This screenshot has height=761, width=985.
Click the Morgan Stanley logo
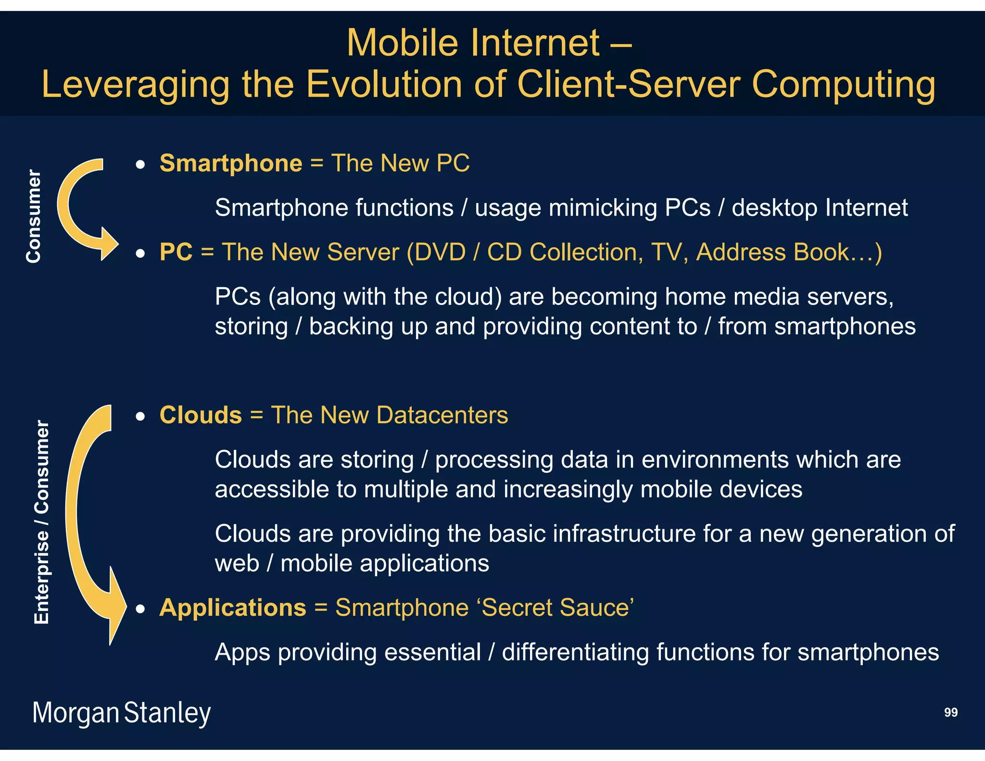pos(121,713)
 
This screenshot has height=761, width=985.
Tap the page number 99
pos(950,712)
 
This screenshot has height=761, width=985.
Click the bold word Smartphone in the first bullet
pos(231,164)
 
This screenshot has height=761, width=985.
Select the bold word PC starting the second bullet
pos(176,252)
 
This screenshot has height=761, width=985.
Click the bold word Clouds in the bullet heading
pos(201,415)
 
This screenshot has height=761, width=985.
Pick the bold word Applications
pos(233,608)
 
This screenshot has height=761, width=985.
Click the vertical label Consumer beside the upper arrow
pos(34,216)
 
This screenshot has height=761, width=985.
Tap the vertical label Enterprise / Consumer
pos(42,522)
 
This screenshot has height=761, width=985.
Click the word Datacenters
pos(442,415)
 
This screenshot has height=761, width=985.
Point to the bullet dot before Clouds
pos(140,417)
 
